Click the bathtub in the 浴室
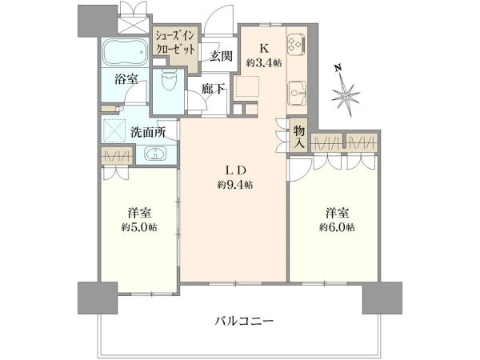point(125,52)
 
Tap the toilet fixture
point(169,79)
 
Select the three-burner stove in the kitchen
point(296,43)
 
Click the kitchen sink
point(297,93)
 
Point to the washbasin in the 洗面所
point(155,153)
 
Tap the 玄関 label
point(222,56)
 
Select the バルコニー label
point(244,322)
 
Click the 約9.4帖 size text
point(235,185)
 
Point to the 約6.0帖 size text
point(338,227)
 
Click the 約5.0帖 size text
point(139,227)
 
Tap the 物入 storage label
point(298,138)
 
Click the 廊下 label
point(214,89)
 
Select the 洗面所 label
point(149,132)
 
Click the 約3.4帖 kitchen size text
point(265,62)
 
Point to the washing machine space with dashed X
point(114,130)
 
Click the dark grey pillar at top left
point(98,21)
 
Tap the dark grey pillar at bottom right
point(382,298)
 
